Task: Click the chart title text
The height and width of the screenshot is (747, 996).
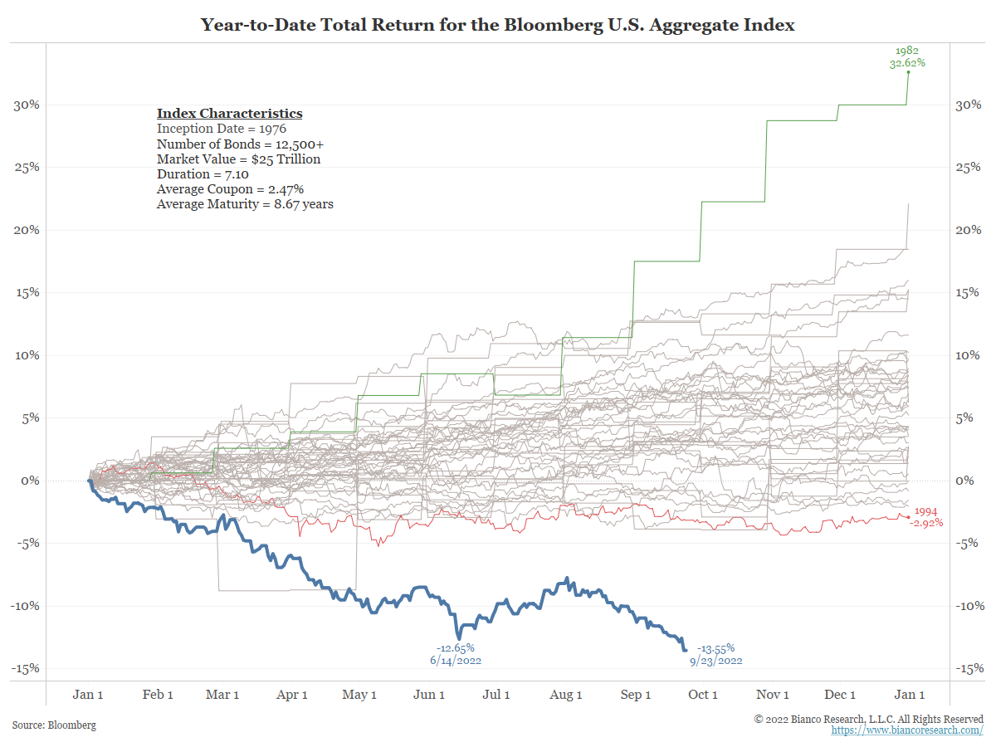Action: (x=498, y=25)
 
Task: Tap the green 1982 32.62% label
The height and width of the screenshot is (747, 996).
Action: (x=907, y=56)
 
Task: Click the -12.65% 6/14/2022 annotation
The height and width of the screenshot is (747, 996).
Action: (x=455, y=654)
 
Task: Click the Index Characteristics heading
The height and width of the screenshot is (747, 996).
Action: (x=229, y=114)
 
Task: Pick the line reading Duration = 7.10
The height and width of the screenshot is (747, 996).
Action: (x=203, y=174)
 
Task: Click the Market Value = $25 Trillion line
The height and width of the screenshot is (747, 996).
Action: (x=238, y=159)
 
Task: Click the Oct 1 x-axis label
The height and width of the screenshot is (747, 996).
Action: (x=703, y=695)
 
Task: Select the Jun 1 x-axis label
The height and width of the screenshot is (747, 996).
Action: (x=429, y=695)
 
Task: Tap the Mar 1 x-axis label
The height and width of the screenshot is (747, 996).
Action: (x=222, y=695)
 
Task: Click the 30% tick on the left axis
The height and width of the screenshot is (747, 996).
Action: (x=27, y=105)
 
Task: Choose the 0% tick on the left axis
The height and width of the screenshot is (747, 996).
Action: (x=31, y=481)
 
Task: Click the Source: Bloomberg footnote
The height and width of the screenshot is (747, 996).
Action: (x=54, y=725)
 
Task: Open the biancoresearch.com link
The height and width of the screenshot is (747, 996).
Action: (x=907, y=730)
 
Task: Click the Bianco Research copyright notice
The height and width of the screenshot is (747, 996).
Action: (x=868, y=719)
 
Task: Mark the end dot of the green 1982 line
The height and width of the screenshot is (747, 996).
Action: (x=908, y=72)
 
